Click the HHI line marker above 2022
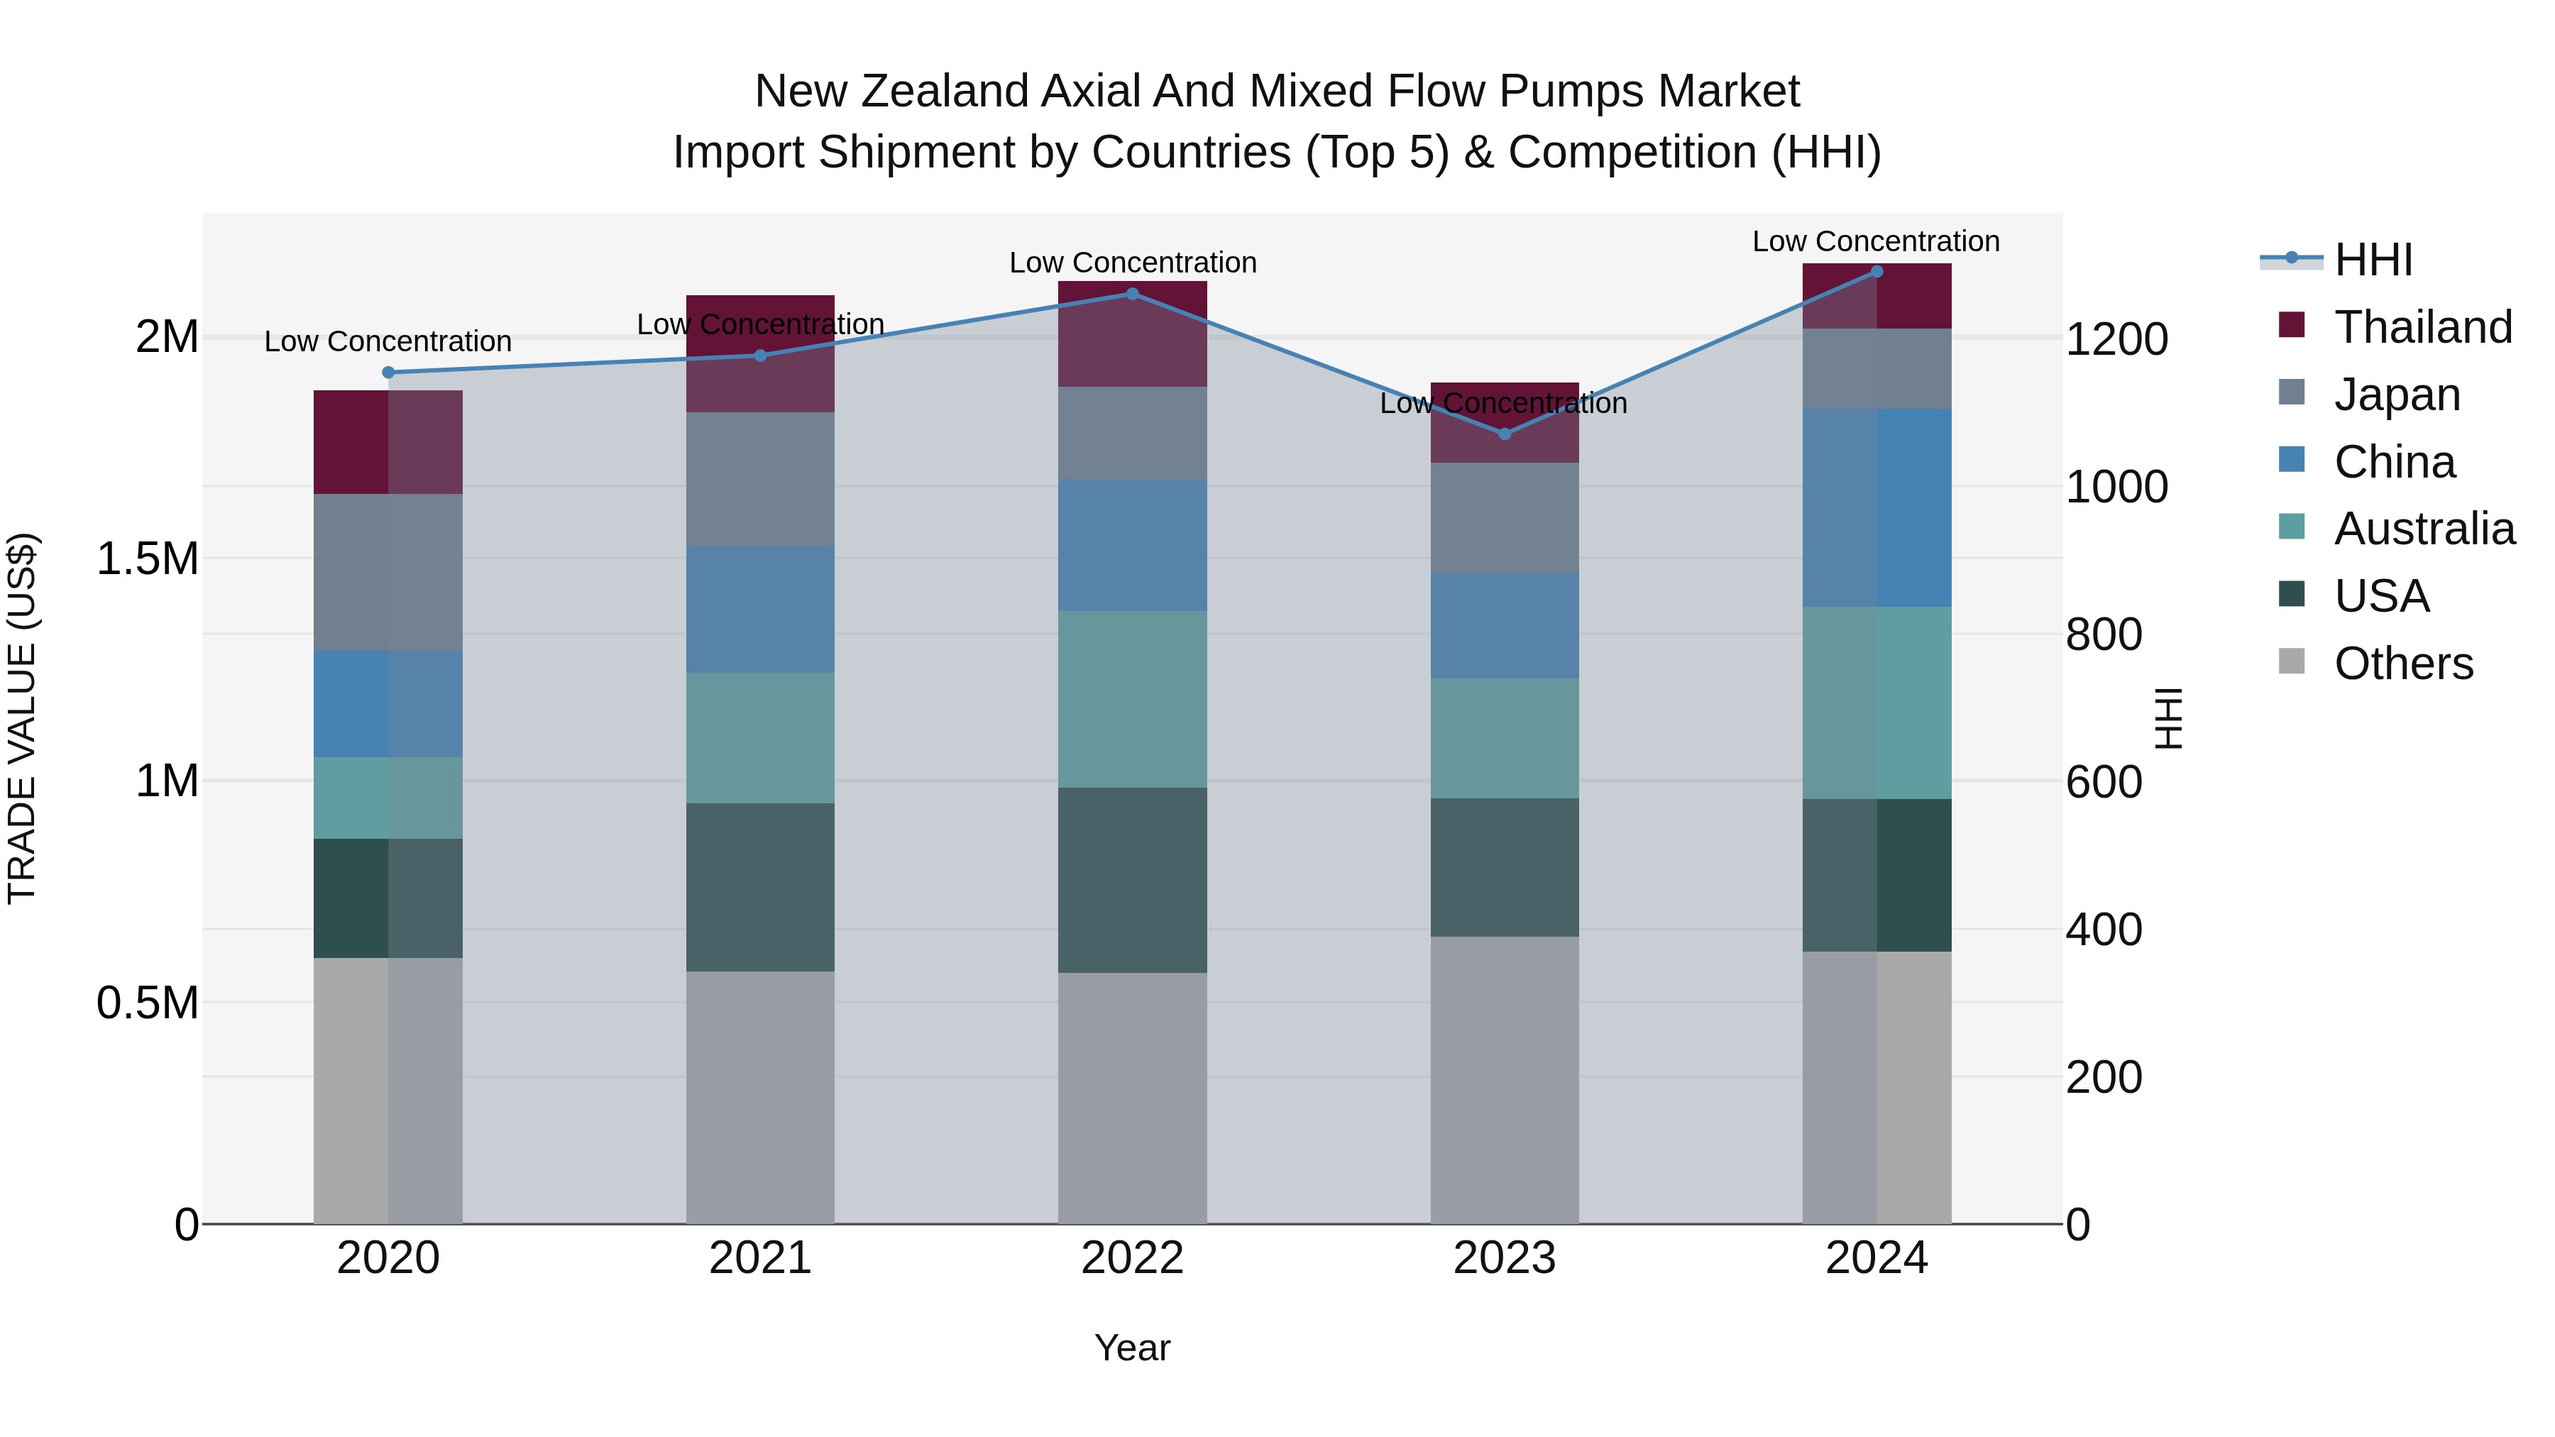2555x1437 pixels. coord(1133,294)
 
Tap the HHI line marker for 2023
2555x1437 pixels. coord(1505,434)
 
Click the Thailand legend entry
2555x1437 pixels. coord(2422,327)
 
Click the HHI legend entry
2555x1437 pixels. coord(2373,260)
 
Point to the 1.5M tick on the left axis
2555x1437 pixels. coord(148,558)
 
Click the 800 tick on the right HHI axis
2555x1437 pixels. coord(2104,634)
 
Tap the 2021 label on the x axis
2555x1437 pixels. coord(761,1258)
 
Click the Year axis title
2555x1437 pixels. coord(1132,1348)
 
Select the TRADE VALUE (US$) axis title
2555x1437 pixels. coord(23,718)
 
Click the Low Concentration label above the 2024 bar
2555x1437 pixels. coord(1876,241)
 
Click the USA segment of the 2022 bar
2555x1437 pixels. coord(1133,880)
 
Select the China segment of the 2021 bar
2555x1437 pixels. coord(761,609)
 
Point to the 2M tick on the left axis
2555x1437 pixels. coord(167,337)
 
